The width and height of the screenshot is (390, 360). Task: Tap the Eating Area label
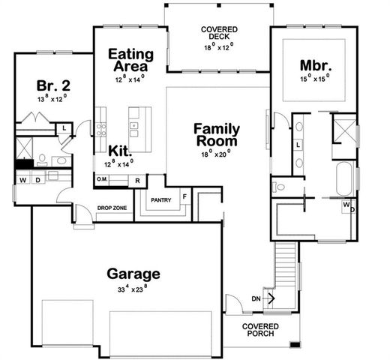(130, 60)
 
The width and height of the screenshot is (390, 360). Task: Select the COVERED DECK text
(218, 32)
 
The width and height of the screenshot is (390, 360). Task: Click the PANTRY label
(160, 200)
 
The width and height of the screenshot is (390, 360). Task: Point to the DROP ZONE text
(110, 208)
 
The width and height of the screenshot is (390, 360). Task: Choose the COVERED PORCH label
(261, 330)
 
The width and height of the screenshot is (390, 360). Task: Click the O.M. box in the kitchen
(102, 180)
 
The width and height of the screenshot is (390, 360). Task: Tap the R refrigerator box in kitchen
(137, 181)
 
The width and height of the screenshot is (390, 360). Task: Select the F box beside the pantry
(184, 196)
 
